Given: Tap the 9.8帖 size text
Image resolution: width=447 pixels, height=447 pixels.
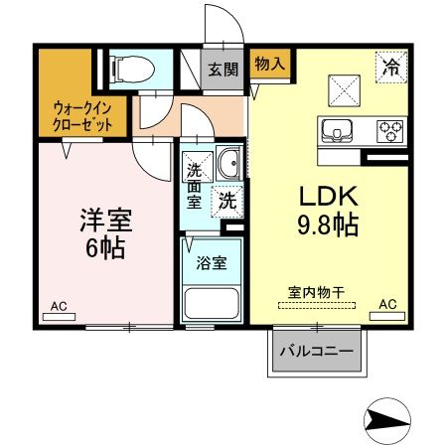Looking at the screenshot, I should coord(324,224).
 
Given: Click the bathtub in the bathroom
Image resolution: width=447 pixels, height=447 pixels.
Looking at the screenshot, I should coord(212,305).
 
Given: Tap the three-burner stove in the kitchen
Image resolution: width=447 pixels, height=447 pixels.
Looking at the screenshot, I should coord(388,131).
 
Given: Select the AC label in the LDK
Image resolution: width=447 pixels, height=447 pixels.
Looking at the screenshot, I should coord(387,304).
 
